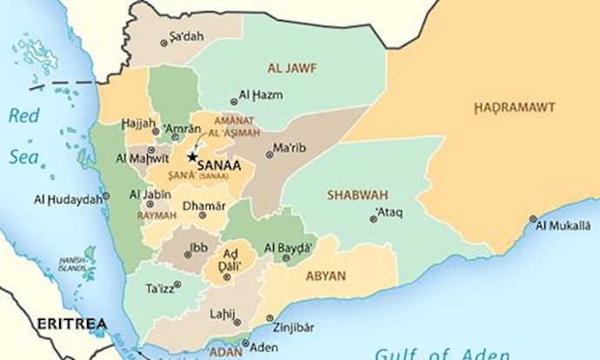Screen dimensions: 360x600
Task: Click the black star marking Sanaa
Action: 191,157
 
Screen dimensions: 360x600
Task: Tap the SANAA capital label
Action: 220,163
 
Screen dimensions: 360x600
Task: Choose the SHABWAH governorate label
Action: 357,195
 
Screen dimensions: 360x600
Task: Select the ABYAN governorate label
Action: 326,276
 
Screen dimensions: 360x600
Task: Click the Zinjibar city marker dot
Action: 270,318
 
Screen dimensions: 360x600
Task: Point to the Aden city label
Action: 263,345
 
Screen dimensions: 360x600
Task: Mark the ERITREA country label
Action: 72,323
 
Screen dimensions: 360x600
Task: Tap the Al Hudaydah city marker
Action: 106,197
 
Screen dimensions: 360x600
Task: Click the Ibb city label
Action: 198,248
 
